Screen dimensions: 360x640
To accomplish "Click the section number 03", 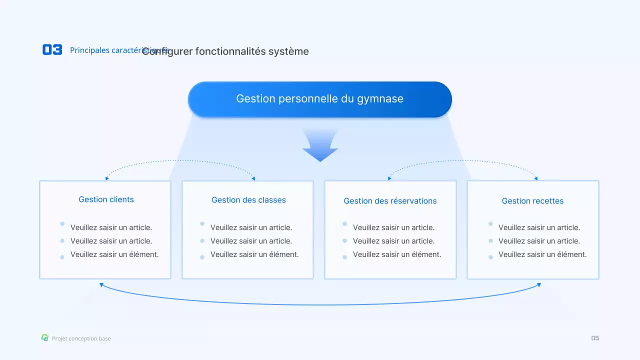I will click(52, 49).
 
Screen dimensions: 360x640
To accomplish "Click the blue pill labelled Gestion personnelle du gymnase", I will click(319, 99).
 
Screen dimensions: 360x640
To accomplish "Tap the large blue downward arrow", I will click(320, 147).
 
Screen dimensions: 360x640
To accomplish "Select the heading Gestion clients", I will click(106, 199).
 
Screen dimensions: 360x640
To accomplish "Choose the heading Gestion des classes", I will click(248, 200).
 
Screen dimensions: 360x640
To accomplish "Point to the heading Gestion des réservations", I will click(390, 201).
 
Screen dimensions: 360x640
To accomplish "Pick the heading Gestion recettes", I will click(532, 201).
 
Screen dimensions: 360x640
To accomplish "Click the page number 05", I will click(595, 338).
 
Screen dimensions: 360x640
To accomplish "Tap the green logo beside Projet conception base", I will click(45, 338).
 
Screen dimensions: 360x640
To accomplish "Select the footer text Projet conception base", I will click(81, 338).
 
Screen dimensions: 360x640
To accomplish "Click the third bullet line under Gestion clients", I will click(114, 254).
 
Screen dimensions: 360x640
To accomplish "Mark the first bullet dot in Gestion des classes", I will click(202, 224).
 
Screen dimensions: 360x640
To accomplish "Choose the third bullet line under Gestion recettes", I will click(542, 254).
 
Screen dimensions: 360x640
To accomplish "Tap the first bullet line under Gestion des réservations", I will click(393, 227).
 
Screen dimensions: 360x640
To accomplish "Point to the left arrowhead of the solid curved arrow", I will click(101, 285).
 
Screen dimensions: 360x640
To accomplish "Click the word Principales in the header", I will click(89, 50).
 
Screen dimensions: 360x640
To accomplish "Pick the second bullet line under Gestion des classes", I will click(251, 241).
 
